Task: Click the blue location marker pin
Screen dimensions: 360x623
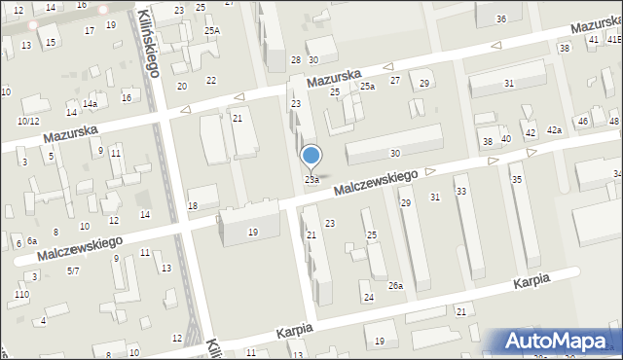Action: tap(311, 156)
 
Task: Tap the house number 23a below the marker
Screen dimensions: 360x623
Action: tap(311, 180)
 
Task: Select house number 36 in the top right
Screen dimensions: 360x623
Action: tap(500, 18)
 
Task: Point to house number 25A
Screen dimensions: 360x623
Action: tap(211, 31)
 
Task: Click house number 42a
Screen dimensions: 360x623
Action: tap(554, 130)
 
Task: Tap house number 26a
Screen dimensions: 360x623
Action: tap(395, 286)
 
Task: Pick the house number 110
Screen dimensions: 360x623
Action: tap(21, 294)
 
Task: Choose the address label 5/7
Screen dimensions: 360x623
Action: tap(73, 270)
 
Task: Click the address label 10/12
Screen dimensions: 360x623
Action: tap(28, 122)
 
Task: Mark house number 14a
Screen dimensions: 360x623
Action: tap(90, 104)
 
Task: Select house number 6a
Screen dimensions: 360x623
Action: tap(32, 240)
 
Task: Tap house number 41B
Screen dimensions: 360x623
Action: tap(614, 39)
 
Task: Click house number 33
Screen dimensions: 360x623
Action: tap(461, 192)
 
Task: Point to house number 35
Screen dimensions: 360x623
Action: tap(517, 180)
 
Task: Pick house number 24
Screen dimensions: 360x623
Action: tap(368, 298)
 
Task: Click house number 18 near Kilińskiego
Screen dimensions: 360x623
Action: tap(193, 205)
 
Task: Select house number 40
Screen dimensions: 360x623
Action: tap(506, 139)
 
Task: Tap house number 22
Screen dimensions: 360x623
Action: tap(211, 80)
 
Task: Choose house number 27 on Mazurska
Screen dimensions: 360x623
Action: tap(395, 80)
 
